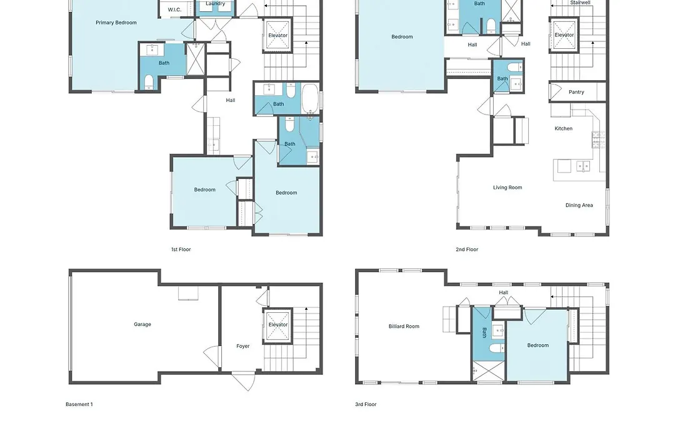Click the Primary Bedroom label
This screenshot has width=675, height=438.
point(116,23)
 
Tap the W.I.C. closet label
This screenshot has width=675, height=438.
point(174,9)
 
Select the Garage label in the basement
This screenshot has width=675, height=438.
point(142,324)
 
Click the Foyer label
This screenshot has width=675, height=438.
point(242,346)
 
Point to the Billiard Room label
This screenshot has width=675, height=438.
point(404,327)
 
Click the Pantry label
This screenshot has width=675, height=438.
point(576,92)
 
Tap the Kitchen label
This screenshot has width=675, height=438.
point(564,128)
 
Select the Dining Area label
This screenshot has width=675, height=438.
point(579,205)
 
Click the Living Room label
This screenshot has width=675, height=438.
point(507,188)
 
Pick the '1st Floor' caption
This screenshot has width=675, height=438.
point(181,249)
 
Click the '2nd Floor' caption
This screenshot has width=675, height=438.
point(467,249)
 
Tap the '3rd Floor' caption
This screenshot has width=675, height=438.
point(366,404)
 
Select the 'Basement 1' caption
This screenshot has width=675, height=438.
point(79,404)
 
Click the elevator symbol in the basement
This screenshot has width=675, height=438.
point(277,325)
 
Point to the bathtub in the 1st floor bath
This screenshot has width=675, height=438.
point(310,98)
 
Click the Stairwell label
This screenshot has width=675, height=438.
point(580,3)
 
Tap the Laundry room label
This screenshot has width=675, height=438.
point(215,4)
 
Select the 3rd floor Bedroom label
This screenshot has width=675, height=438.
point(538,345)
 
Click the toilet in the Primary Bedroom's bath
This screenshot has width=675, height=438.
point(149,82)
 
